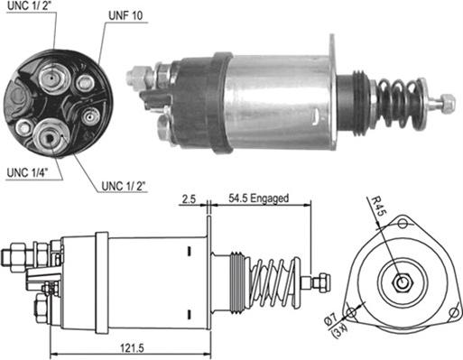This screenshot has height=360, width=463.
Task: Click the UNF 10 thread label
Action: [125, 15]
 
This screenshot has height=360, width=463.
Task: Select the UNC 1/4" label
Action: [28, 173]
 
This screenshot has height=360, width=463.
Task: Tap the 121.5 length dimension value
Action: [132, 348]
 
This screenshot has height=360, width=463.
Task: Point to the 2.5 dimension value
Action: [189, 198]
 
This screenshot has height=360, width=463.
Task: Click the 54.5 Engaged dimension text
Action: [258, 198]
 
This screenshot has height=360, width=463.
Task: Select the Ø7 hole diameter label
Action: [330, 318]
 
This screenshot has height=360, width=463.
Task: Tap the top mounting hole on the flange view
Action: [403, 224]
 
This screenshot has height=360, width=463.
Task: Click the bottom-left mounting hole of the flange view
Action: [351, 313]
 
